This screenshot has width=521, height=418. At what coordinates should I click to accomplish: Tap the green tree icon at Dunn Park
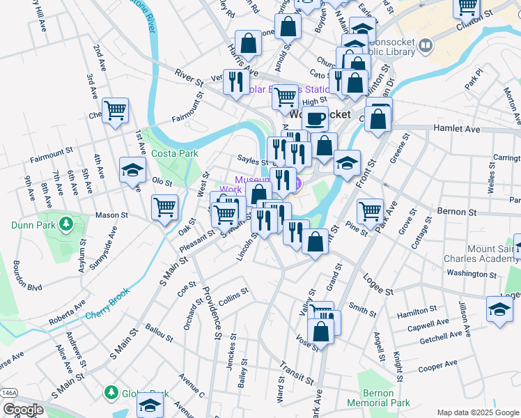66,224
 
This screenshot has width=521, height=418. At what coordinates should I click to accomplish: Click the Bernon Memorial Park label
380,398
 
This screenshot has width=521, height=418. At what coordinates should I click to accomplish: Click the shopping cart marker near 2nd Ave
115,110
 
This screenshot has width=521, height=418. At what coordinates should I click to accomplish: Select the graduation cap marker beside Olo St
132,171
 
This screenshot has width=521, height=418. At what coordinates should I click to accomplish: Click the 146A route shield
8,393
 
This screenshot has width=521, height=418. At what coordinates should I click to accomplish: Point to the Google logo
23,409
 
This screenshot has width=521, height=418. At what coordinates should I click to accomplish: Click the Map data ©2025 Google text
477,412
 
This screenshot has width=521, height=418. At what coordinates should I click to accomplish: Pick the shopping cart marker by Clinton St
466,8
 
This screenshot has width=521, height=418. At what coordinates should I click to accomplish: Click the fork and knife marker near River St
236,82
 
